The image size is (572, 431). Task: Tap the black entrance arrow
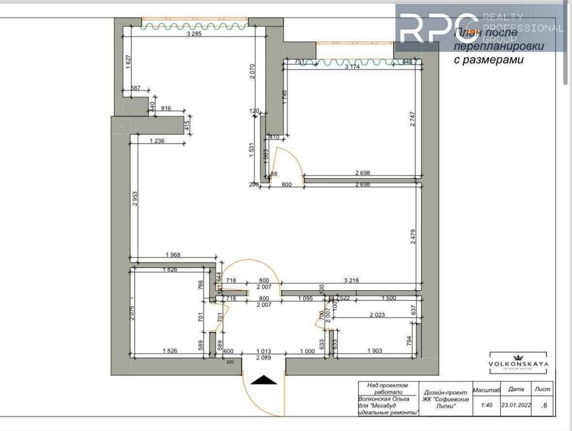(x=263, y=380)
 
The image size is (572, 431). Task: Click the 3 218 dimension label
(x=352, y=281)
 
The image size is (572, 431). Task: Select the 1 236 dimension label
(x=156, y=141)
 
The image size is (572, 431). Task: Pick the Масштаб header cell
(x=487, y=389)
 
